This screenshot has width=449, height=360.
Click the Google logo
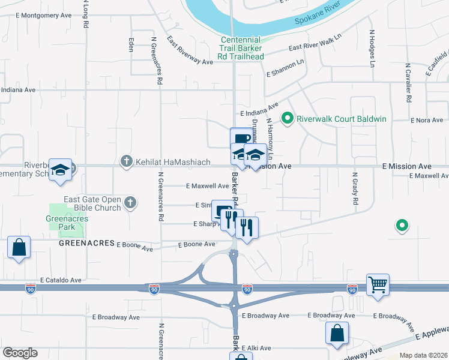click(20, 353)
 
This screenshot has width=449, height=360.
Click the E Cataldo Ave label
click(61, 280)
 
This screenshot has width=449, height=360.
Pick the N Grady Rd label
click(355, 191)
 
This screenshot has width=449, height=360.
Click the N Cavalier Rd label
click(408, 83)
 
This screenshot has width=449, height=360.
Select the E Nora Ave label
click(427, 120)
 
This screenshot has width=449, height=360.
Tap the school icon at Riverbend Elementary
click(61, 170)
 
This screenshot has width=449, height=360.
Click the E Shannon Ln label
click(285, 68)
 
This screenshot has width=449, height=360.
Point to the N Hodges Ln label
click(372, 48)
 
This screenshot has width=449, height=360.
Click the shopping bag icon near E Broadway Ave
click(337, 334)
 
